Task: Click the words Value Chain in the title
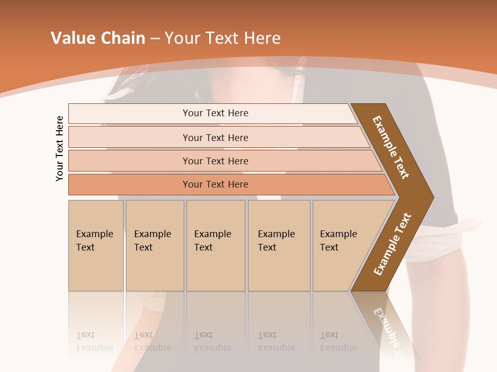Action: tap(98, 38)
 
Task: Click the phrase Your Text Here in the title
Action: tap(223, 38)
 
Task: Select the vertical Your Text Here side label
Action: tap(60, 148)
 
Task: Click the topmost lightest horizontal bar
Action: tap(215, 113)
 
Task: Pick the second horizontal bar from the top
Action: tap(215, 137)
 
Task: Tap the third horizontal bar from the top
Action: tap(215, 161)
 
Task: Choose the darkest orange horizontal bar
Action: tap(215, 184)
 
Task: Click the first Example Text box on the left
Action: tap(96, 245)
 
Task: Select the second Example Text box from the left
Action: tap(154, 245)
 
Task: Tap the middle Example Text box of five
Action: tap(215, 245)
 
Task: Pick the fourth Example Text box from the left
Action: tap(279, 245)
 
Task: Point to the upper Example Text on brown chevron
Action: tap(391, 147)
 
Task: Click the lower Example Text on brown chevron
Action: tap(392, 244)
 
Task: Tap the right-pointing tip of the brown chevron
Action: tap(430, 197)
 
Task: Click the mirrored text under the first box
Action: tap(95, 342)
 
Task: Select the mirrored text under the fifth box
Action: tap(339, 342)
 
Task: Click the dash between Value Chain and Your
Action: tap(155, 39)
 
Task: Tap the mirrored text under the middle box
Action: tap(213, 342)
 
